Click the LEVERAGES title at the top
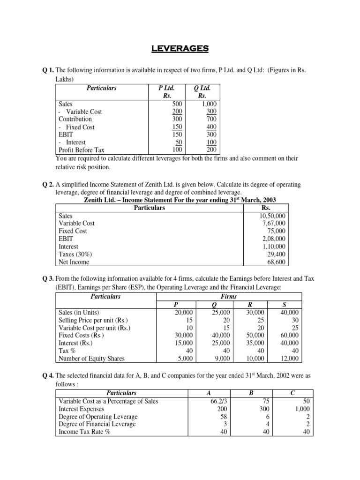pyautogui.click(x=180, y=48)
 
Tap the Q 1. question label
pyautogui.click(x=48, y=69)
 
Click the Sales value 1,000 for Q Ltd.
pyautogui.click(x=206, y=104)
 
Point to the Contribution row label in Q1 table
pyautogui.click(x=75, y=119)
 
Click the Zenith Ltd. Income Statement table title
pyautogui.click(x=180, y=200)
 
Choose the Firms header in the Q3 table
pyautogui.click(x=229, y=296)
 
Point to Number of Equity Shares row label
pyautogui.click(x=92, y=359)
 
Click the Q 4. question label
pyautogui.click(x=48, y=375)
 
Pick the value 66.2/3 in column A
pyautogui.click(x=217, y=401)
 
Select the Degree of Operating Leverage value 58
pyautogui.click(x=223, y=416)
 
